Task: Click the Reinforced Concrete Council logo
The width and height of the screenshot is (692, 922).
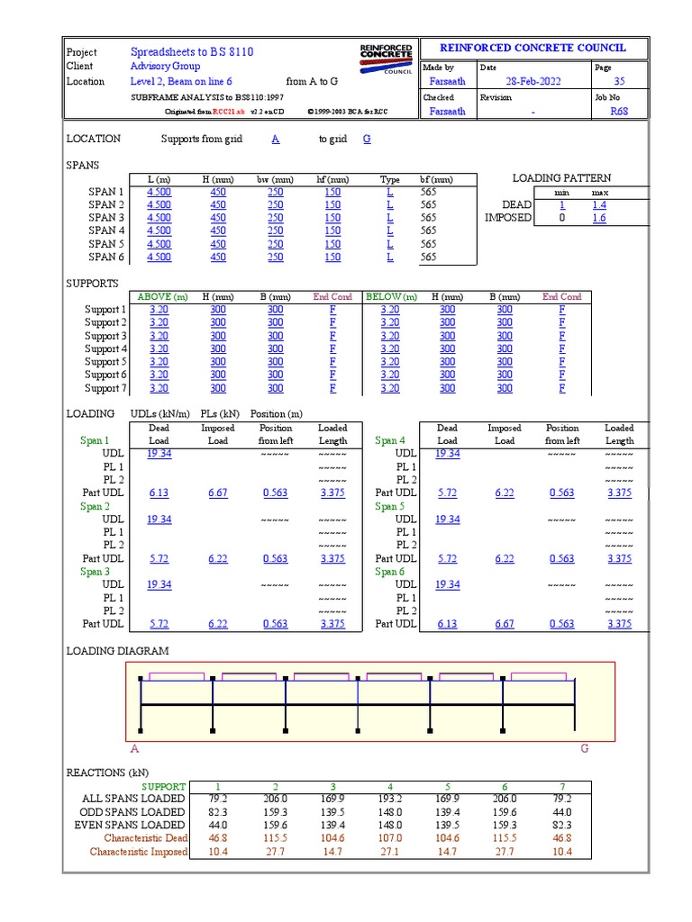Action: pyautogui.click(x=386, y=58)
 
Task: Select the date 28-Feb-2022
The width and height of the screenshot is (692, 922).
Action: pyautogui.click(x=533, y=82)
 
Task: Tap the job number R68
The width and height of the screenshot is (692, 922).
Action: pyautogui.click(x=619, y=112)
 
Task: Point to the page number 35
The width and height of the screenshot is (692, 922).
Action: pyautogui.click(x=619, y=82)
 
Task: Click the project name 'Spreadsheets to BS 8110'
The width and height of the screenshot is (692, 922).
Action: pyautogui.click(x=192, y=52)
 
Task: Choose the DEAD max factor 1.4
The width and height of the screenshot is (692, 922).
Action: pyautogui.click(x=599, y=205)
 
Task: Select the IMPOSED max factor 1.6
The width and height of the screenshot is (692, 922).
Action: pyautogui.click(x=599, y=218)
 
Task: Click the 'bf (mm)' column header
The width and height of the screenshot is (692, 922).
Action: pyautogui.click(x=436, y=180)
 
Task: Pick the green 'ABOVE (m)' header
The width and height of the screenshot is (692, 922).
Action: pyautogui.click(x=161, y=297)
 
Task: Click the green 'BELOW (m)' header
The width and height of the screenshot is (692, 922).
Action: pyautogui.click(x=391, y=297)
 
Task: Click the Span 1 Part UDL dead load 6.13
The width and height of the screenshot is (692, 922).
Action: pyautogui.click(x=159, y=493)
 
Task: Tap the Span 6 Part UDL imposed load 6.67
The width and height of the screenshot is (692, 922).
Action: pyautogui.click(x=505, y=624)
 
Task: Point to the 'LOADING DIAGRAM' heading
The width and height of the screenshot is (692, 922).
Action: pyautogui.click(x=117, y=651)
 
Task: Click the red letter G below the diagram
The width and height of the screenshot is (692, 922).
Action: pyautogui.click(x=584, y=749)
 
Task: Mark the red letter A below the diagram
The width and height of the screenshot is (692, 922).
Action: pyautogui.click(x=135, y=749)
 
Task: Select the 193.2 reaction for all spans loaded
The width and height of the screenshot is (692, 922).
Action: pyautogui.click(x=390, y=799)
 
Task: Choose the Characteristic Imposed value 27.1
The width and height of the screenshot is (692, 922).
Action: pyautogui.click(x=390, y=852)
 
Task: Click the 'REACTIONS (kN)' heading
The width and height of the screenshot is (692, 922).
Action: pyautogui.click(x=107, y=773)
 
